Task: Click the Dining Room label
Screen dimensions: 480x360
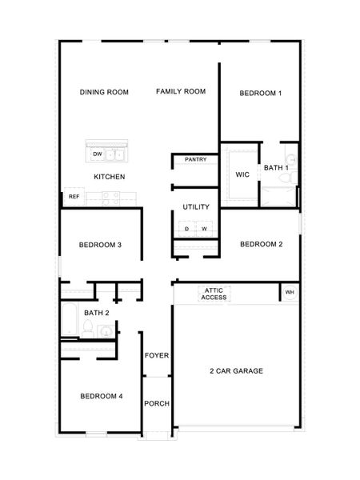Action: pyautogui.click(x=104, y=92)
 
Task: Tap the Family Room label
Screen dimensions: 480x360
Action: pyautogui.click(x=180, y=92)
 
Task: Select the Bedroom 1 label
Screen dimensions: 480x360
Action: pyautogui.click(x=260, y=94)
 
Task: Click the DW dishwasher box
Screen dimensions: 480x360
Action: pyautogui.click(x=98, y=154)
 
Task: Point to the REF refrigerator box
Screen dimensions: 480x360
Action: pyautogui.click(x=74, y=196)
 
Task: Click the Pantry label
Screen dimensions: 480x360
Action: pyautogui.click(x=196, y=159)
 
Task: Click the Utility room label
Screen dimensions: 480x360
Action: pyautogui.click(x=195, y=207)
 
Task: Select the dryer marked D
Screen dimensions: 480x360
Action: pyautogui.click(x=186, y=229)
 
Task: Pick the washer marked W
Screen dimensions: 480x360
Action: pyautogui.click(x=204, y=229)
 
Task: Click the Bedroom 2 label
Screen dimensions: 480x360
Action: pyautogui.click(x=260, y=244)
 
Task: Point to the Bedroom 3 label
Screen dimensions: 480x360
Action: pyautogui.click(x=100, y=245)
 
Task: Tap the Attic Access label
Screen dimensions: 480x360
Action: pyautogui.click(x=214, y=294)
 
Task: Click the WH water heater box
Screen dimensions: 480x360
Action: pyautogui.click(x=290, y=293)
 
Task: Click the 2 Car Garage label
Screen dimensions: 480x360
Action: pyautogui.click(x=236, y=370)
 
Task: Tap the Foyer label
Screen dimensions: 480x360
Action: pyautogui.click(x=156, y=354)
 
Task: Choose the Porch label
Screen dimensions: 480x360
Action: pyautogui.click(x=156, y=403)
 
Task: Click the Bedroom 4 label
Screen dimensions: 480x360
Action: pyautogui.click(x=101, y=396)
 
